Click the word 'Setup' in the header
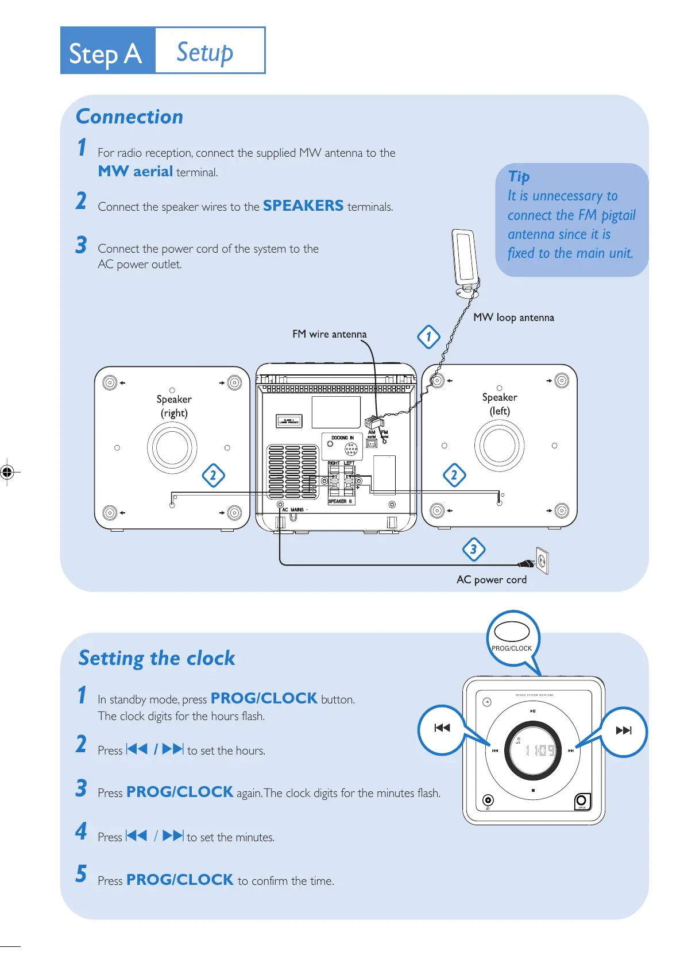pyautogui.click(x=204, y=52)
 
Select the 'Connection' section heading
pyautogui.click(x=129, y=117)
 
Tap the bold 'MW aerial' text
pyautogui.click(x=136, y=171)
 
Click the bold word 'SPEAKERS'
pyautogui.click(x=303, y=206)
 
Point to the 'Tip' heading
pyautogui.click(x=519, y=176)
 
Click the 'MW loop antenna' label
pyautogui.click(x=513, y=318)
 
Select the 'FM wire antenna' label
pyautogui.click(x=329, y=334)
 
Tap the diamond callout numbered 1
pyautogui.click(x=428, y=336)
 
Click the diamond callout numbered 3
pyautogui.click(x=473, y=549)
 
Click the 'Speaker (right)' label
pyautogui.click(x=173, y=405)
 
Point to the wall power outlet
pyautogui.click(x=542, y=560)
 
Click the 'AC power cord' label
pyautogui.click(x=491, y=579)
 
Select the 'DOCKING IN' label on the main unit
pyautogui.click(x=342, y=438)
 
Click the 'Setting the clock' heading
pyautogui.click(x=157, y=657)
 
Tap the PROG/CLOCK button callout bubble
pyautogui.click(x=512, y=637)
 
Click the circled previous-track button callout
pyautogui.click(x=442, y=729)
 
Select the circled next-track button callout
pyautogui.click(x=623, y=731)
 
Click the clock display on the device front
pyautogui.click(x=534, y=751)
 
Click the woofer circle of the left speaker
pyautogui.click(x=499, y=445)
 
